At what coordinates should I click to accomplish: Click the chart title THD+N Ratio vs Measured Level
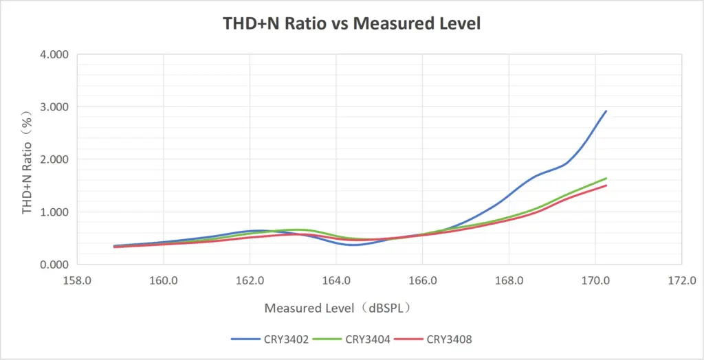351,23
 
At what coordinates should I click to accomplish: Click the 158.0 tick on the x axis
77,280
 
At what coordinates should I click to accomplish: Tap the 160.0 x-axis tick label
164,280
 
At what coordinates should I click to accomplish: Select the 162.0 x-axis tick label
250,280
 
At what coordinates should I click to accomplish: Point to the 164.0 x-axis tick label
336,280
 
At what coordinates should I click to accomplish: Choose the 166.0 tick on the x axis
422,280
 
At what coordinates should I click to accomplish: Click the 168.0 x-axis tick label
509,280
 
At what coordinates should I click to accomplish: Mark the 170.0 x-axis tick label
595,280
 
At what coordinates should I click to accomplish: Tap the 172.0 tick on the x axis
681,280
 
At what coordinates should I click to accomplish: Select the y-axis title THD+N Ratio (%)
28,159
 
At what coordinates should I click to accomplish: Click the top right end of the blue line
606,111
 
